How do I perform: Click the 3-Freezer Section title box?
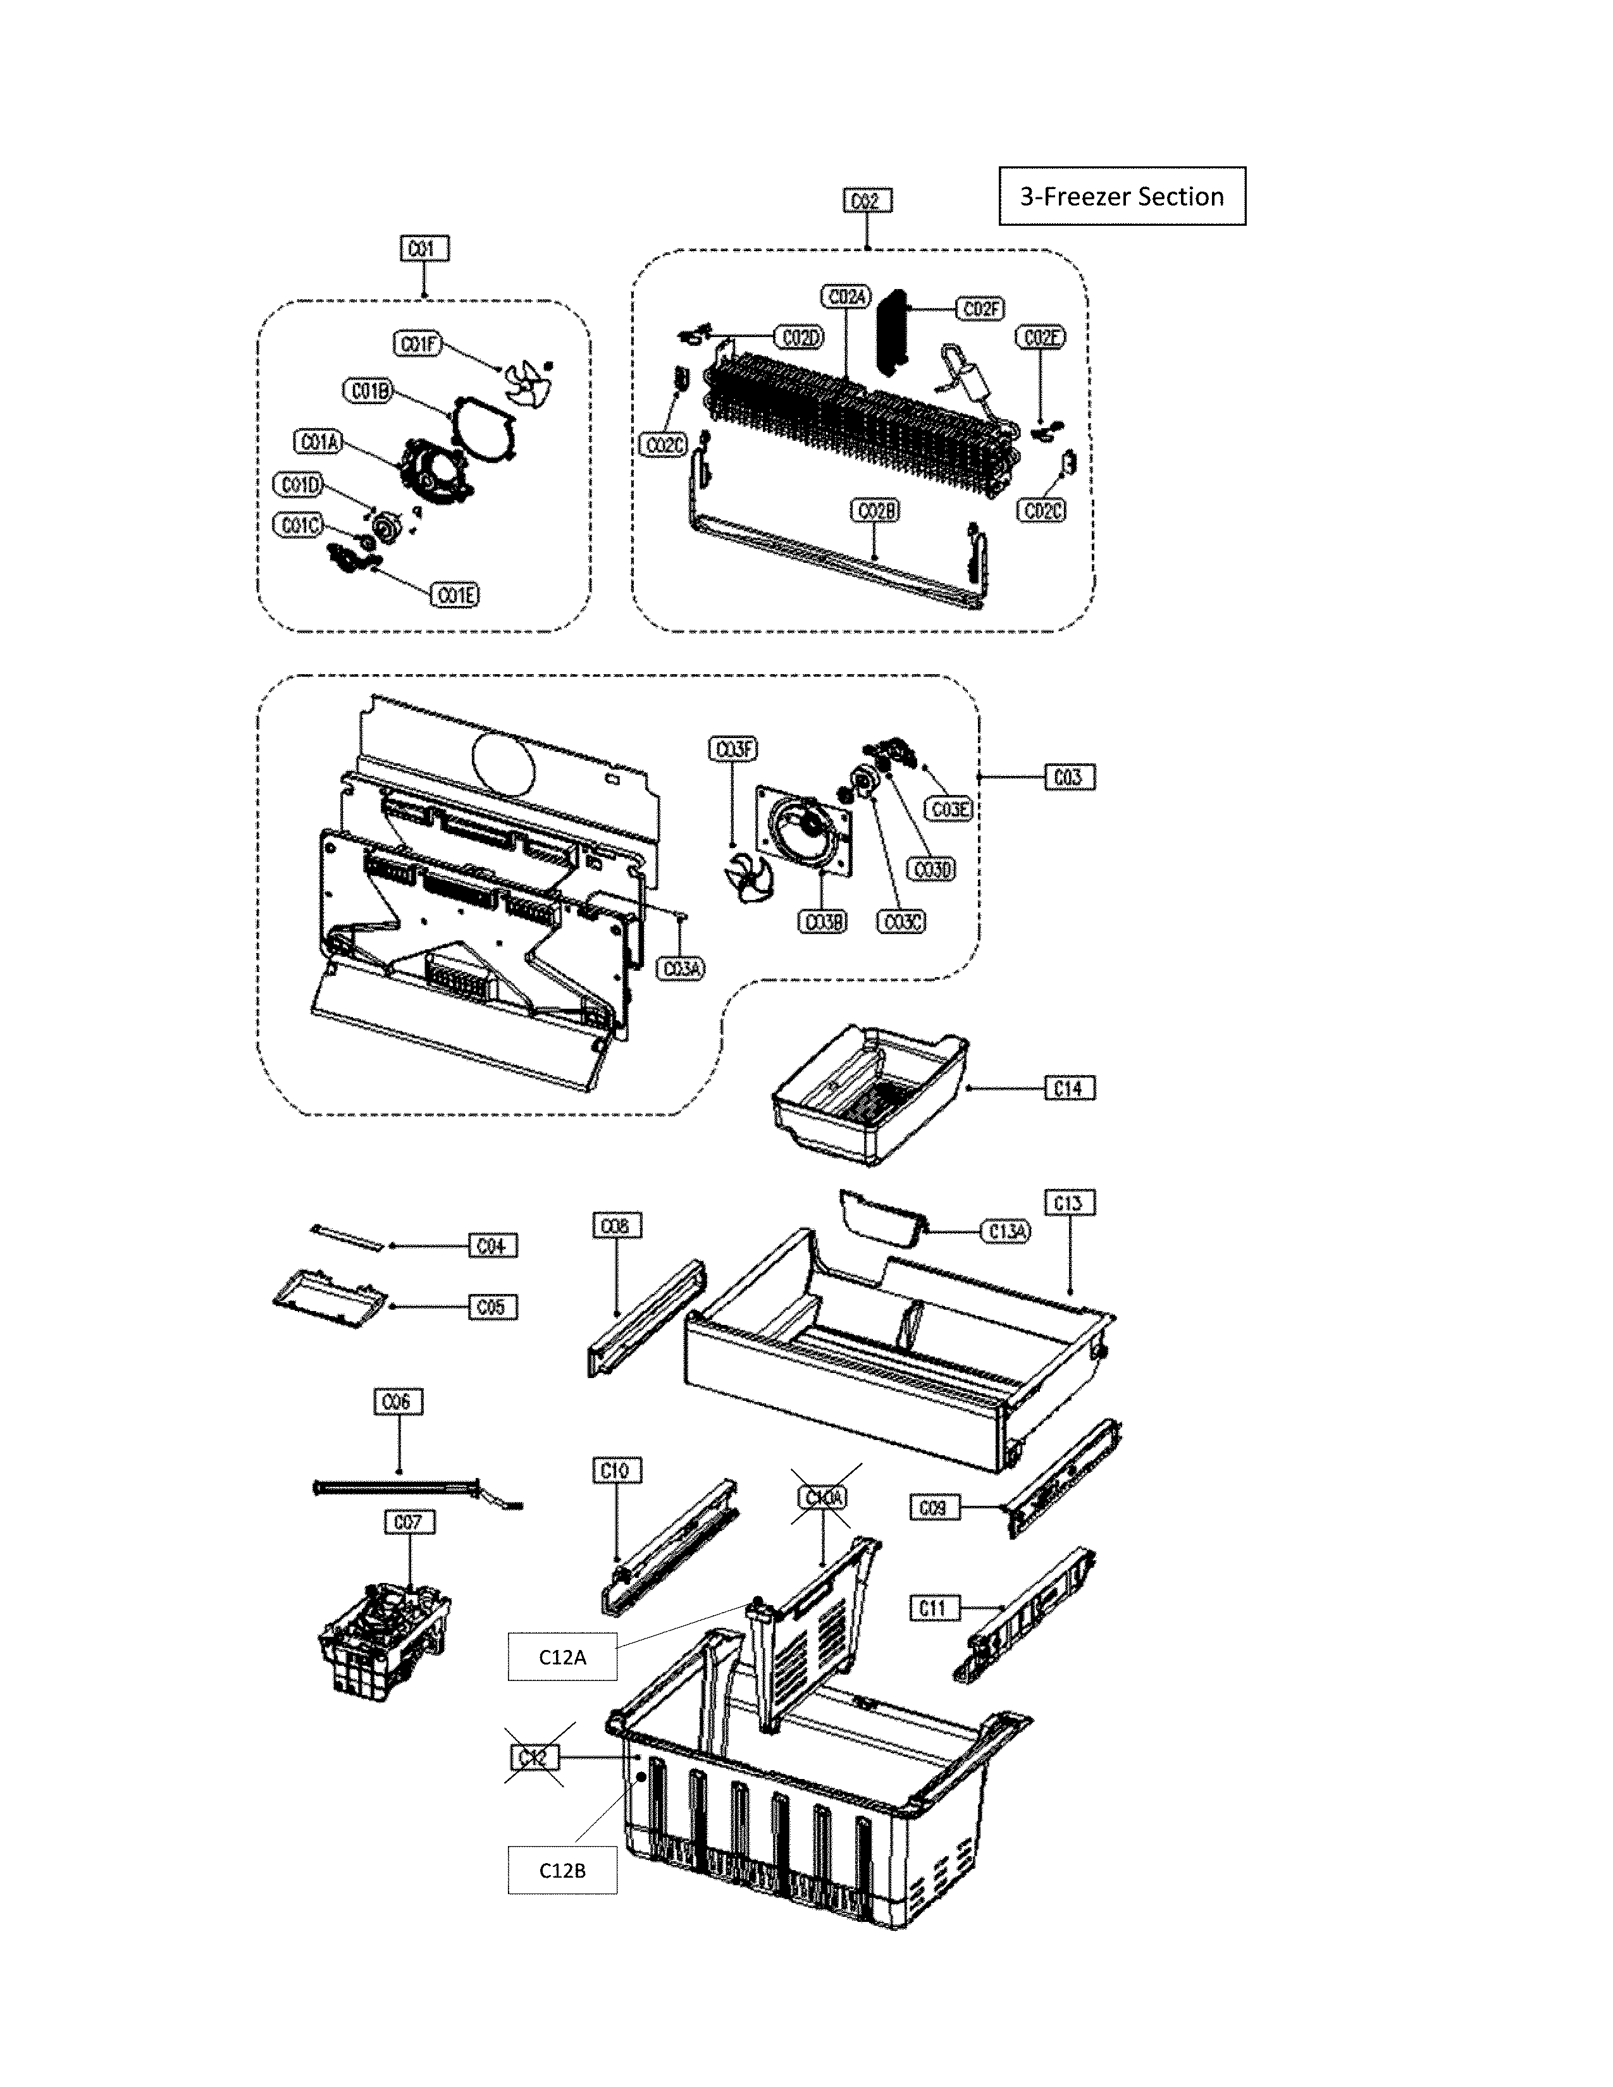coord(1122,196)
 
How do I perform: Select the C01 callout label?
coord(423,249)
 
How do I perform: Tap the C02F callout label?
coord(981,309)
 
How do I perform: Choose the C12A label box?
coord(562,1657)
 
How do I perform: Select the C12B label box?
coord(562,1870)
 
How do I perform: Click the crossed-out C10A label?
coord(824,1498)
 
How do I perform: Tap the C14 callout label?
coord(1068,1088)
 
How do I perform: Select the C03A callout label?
coord(683,968)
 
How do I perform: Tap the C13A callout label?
coord(1006,1232)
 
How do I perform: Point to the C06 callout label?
coord(397,1402)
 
